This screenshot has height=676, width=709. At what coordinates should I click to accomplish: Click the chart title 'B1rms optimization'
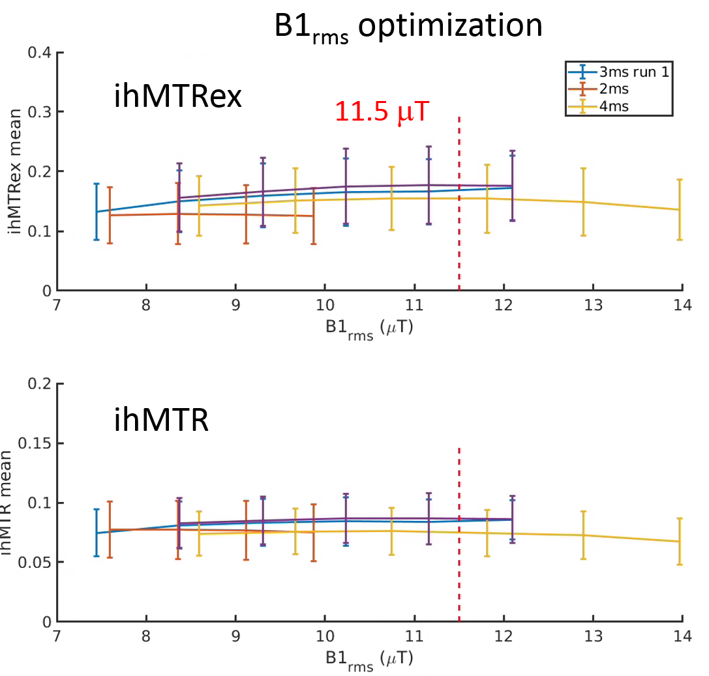(x=408, y=27)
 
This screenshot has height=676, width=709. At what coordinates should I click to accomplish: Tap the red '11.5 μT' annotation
(x=382, y=112)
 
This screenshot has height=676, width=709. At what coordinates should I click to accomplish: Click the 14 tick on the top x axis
(x=682, y=304)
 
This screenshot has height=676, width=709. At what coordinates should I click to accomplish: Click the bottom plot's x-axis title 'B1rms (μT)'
(x=369, y=658)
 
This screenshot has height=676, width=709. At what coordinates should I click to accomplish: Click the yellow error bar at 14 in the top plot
(x=680, y=209)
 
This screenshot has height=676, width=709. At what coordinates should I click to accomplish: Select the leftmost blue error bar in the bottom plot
(x=97, y=533)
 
